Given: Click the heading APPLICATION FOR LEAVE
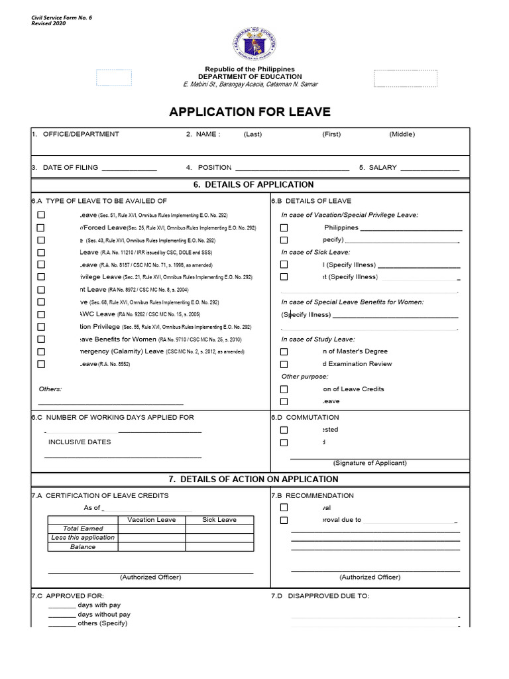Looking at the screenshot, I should tap(250, 111).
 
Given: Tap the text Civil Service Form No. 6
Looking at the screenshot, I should tap(62, 17).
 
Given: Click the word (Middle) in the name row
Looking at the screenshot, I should tap(402, 134).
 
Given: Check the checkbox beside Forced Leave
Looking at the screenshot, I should tap(41, 227).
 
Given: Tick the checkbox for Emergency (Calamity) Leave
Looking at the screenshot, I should tap(41, 351).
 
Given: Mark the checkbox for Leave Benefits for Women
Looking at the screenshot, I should tap(41, 339).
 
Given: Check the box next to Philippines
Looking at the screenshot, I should tap(284, 227).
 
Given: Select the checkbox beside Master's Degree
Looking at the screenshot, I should tap(284, 351).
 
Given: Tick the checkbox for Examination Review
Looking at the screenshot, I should tap(284, 364).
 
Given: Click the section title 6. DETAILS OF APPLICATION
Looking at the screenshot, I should tap(254, 184).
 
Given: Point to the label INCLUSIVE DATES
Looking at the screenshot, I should tap(80, 442).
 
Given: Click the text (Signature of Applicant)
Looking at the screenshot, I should tap(370, 463).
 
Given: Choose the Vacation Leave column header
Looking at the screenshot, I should tap(152, 520).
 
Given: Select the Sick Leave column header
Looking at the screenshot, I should tap(219, 520).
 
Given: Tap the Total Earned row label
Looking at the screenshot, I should tap(83, 528).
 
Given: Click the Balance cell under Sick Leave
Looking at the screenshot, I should tap(219, 547).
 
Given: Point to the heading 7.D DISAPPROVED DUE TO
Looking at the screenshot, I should tap(319, 596).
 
